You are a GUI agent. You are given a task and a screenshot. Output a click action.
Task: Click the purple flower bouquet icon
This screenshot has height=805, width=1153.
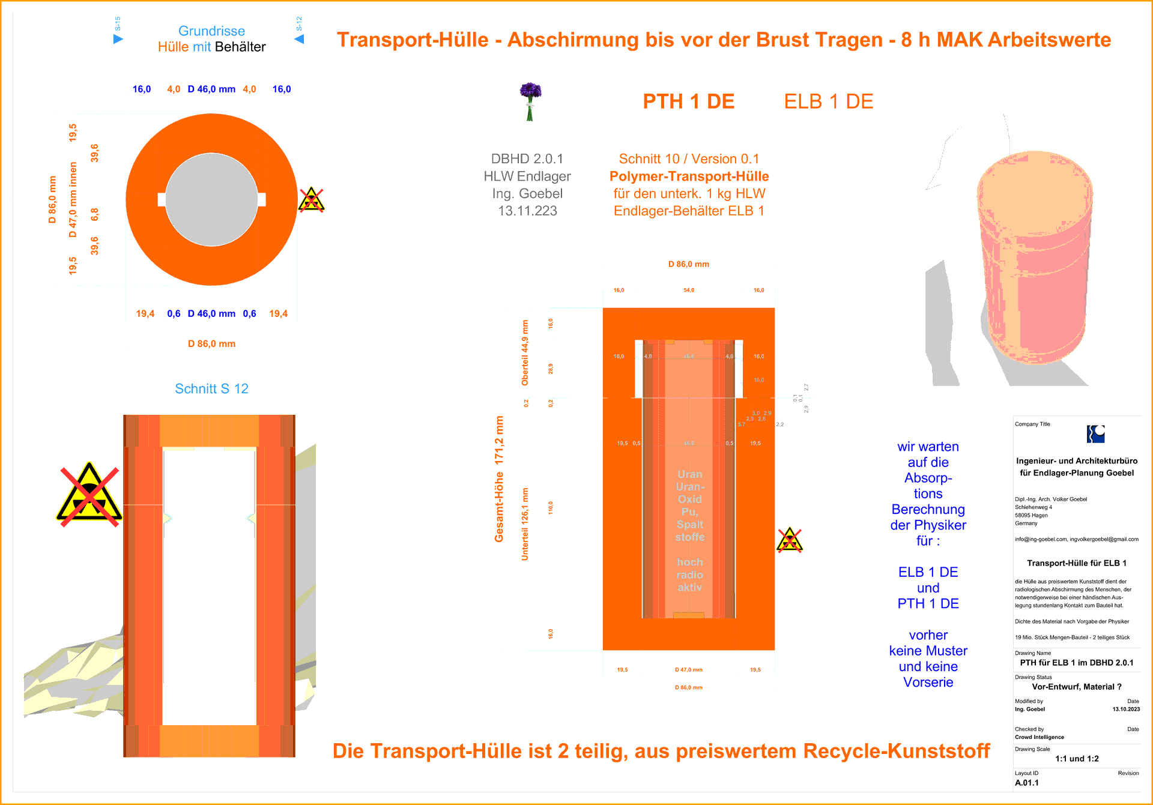(530, 101)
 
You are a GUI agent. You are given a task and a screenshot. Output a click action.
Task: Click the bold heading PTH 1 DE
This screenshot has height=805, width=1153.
(688, 101)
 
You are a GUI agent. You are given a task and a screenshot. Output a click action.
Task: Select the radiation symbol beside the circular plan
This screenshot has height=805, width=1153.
(311, 200)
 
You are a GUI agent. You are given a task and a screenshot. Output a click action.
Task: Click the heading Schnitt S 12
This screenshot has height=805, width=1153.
(211, 388)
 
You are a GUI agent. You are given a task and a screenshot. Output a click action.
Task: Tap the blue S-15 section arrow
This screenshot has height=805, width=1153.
(118, 39)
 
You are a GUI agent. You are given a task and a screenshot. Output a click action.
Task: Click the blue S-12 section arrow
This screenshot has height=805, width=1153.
(299, 39)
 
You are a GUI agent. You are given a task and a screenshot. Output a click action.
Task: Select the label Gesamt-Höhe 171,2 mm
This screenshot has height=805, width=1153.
(499, 479)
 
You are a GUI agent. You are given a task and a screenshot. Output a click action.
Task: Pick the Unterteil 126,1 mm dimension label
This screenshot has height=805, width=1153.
(525, 524)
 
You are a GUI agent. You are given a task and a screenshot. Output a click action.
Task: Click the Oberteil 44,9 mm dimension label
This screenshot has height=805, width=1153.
(525, 353)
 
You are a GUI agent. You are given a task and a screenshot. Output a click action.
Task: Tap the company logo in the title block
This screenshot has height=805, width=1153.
(1095, 434)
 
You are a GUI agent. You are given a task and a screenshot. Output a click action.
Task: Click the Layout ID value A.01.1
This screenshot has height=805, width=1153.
(1026, 783)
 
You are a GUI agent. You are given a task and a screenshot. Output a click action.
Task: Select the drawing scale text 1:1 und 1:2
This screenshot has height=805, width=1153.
(1077, 759)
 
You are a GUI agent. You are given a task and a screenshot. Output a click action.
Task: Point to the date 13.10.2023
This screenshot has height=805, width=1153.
(1125, 709)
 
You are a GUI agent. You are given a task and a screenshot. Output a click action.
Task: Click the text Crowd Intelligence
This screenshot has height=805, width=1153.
(1039, 737)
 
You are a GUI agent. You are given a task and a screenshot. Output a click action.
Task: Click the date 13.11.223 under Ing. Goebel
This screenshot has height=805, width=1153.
(527, 211)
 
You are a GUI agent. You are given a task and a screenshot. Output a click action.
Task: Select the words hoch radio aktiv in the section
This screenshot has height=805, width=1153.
(689, 574)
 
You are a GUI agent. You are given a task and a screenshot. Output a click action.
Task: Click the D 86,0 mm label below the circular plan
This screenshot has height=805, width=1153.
(211, 344)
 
